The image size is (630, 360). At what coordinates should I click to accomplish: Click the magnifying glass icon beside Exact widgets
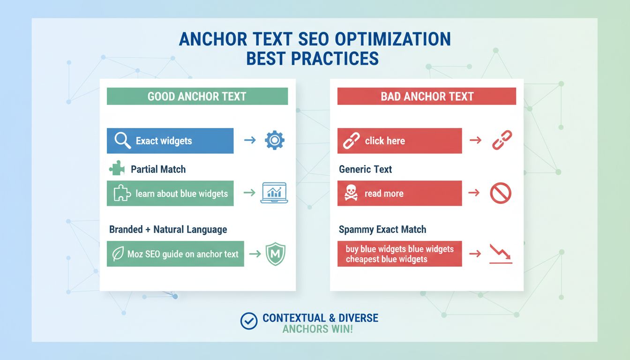[x=122, y=141]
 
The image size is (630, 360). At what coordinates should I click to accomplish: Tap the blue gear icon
[x=274, y=141]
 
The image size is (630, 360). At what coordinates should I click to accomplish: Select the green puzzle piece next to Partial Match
[x=117, y=169]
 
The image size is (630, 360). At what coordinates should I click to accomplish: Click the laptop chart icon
[x=274, y=193]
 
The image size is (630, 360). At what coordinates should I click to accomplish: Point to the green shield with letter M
[x=275, y=254]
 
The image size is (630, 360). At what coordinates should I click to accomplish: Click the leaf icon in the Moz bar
[x=118, y=254]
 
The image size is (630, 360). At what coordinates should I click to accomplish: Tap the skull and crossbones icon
[x=351, y=194]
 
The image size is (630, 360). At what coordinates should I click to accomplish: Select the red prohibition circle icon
[x=500, y=193]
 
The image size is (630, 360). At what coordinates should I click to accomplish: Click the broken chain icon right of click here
[x=502, y=140]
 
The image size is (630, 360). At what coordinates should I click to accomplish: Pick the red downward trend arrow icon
[x=500, y=254]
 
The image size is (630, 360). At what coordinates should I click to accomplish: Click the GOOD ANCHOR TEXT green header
[x=197, y=97]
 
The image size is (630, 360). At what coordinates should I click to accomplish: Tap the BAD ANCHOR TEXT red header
[x=427, y=97]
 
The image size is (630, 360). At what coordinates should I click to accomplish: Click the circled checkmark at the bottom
[x=248, y=321]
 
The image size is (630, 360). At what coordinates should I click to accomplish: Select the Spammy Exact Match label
[x=382, y=230]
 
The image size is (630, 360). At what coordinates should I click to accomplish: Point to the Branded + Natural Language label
[x=168, y=230]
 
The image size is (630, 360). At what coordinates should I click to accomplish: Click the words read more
[x=383, y=194]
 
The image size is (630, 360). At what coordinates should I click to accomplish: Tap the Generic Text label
[x=365, y=169]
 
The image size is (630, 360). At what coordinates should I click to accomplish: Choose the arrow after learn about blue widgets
[x=249, y=193]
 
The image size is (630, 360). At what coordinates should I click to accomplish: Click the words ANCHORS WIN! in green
[x=317, y=329]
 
